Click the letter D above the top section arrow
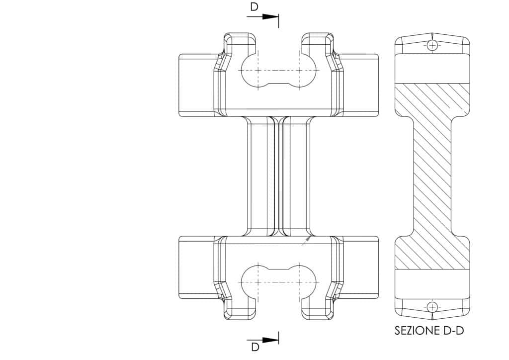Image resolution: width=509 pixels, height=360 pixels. click(x=254, y=7)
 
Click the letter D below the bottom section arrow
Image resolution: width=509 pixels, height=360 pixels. click(x=255, y=347)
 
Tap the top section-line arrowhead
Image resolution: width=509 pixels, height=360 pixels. click(x=270, y=16)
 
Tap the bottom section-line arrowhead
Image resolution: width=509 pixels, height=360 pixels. click(x=270, y=340)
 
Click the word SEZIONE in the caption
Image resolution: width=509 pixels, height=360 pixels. click(x=417, y=331)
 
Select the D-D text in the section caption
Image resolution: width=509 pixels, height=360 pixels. click(x=453, y=331)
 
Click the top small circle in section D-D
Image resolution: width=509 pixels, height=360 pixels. click(x=432, y=45)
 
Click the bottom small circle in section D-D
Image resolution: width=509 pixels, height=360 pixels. click(x=432, y=306)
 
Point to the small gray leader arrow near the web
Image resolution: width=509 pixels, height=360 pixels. click(x=306, y=241)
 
